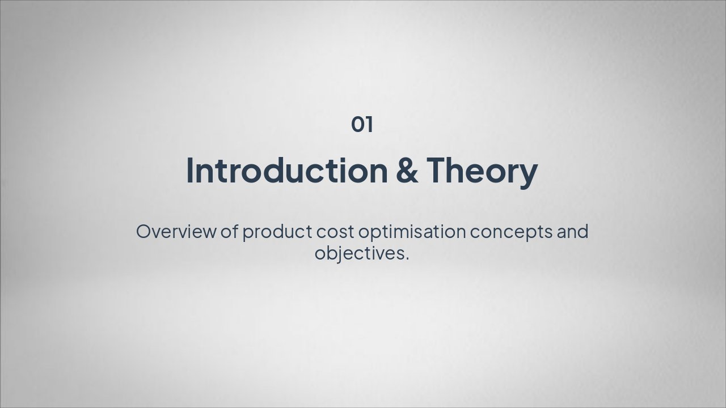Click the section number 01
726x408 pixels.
pyautogui.click(x=362, y=124)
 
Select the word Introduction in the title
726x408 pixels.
pyautogui.click(x=286, y=170)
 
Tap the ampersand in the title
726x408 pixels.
pyautogui.click(x=407, y=170)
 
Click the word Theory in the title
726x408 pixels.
pyautogui.click(x=482, y=170)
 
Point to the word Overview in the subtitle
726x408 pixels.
pyautogui.click(x=176, y=232)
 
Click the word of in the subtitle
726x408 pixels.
pyautogui.click(x=229, y=232)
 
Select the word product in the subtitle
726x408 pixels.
pyautogui.click(x=277, y=232)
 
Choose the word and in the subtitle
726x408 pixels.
pyautogui.click(x=572, y=232)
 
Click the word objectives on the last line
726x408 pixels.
pyautogui.click(x=360, y=253)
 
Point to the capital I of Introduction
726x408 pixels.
pyautogui.click(x=190, y=170)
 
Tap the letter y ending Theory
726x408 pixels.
pyautogui.click(x=529, y=173)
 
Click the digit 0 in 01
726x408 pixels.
pyautogui.click(x=357, y=124)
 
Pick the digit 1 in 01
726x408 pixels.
pyautogui.click(x=369, y=124)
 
